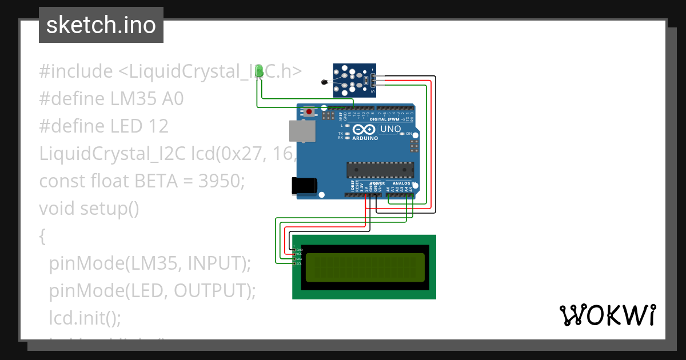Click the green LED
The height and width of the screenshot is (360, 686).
click(x=260, y=71)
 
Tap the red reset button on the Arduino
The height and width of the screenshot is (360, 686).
click(x=309, y=112)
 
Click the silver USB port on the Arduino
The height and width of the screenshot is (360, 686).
click(x=301, y=131)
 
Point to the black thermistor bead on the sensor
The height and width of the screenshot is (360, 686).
click(x=325, y=83)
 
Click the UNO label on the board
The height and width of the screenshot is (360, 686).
click(x=390, y=129)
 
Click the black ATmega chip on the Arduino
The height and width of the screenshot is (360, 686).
click(x=380, y=170)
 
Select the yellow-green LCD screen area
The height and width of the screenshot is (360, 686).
click(x=365, y=267)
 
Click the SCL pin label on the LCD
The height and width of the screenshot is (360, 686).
click(x=298, y=263)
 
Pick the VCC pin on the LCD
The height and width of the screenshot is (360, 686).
click(x=298, y=254)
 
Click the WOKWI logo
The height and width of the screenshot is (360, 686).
click(x=607, y=315)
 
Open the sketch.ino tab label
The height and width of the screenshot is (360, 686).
click(x=101, y=25)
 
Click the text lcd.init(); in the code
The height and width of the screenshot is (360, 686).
click(x=85, y=318)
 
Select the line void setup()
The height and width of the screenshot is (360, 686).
click(x=89, y=209)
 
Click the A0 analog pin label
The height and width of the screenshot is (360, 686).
click(x=388, y=188)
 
